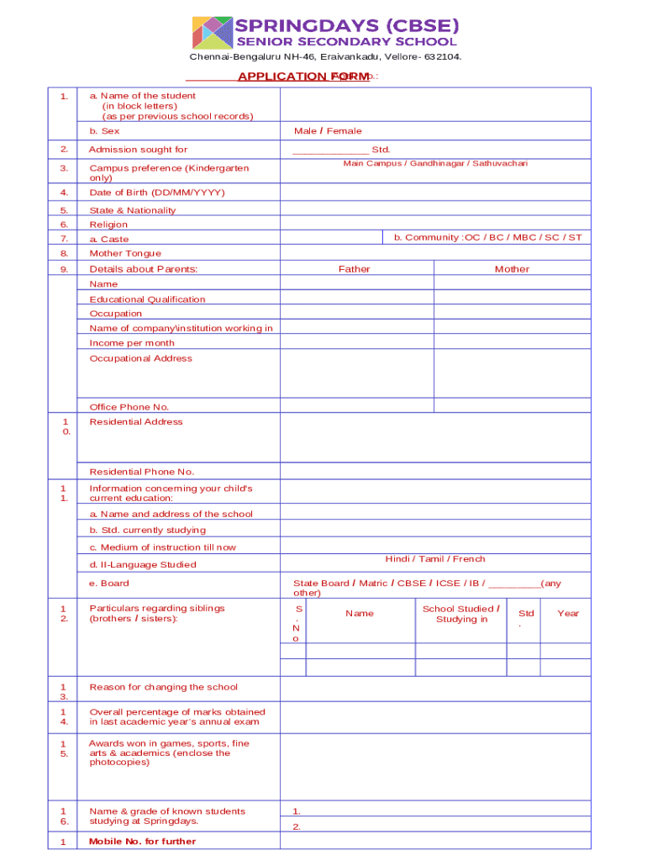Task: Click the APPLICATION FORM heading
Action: point(303,77)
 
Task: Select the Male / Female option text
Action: point(328,131)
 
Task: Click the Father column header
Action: point(354,269)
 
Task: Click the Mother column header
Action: point(512,269)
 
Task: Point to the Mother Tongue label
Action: point(125,253)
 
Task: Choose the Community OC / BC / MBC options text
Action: point(487,237)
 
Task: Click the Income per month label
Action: point(132,343)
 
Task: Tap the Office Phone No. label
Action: point(129,407)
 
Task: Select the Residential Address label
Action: point(135,421)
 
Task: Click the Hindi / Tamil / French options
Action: point(434,559)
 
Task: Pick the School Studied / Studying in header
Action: point(460,614)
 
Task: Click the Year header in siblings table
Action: point(568,613)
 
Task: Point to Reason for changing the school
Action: point(163,687)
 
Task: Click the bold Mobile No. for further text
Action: point(142,841)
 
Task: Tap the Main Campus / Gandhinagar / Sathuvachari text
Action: point(435,163)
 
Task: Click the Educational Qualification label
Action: point(147,299)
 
